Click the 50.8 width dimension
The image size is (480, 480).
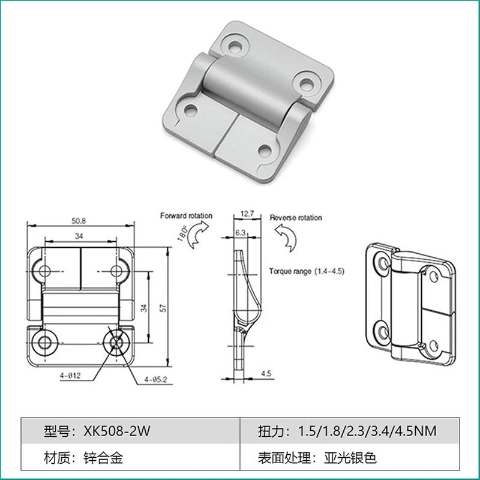(x=79, y=221)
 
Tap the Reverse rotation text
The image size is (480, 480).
(x=296, y=218)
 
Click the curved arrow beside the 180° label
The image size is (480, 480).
(x=198, y=236)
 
